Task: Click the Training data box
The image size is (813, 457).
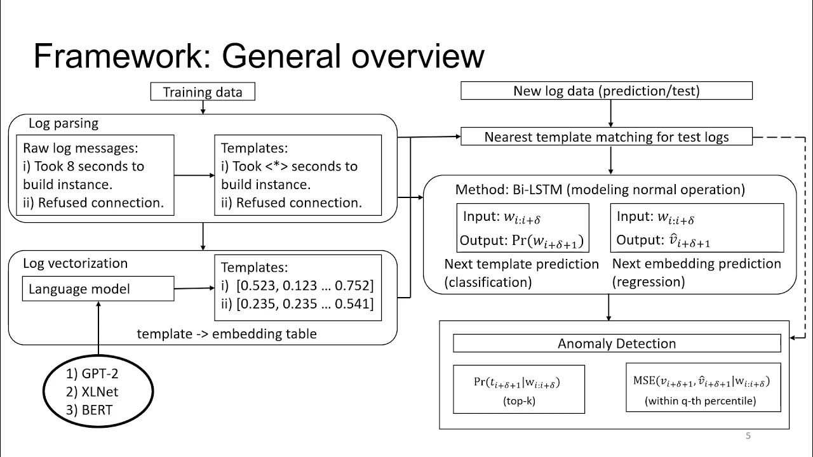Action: [x=203, y=92]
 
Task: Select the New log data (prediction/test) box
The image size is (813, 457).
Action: [x=606, y=91]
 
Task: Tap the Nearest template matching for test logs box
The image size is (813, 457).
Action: [x=606, y=136]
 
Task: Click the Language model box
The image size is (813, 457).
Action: [x=98, y=289]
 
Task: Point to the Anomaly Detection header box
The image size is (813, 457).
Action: [x=616, y=343]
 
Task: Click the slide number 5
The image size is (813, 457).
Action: [x=748, y=435]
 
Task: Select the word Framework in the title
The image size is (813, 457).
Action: [x=117, y=56]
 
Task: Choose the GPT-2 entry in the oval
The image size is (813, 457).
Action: [x=92, y=374]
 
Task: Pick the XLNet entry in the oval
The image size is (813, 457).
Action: [x=92, y=392]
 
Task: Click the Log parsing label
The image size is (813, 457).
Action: [x=64, y=123]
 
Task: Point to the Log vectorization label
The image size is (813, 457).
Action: [x=75, y=263]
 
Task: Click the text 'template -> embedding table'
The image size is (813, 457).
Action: [x=227, y=333]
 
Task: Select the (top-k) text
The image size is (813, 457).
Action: [x=520, y=401]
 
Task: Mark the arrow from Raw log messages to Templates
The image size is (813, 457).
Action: [x=194, y=175]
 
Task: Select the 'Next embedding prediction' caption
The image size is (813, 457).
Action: [x=696, y=263]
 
